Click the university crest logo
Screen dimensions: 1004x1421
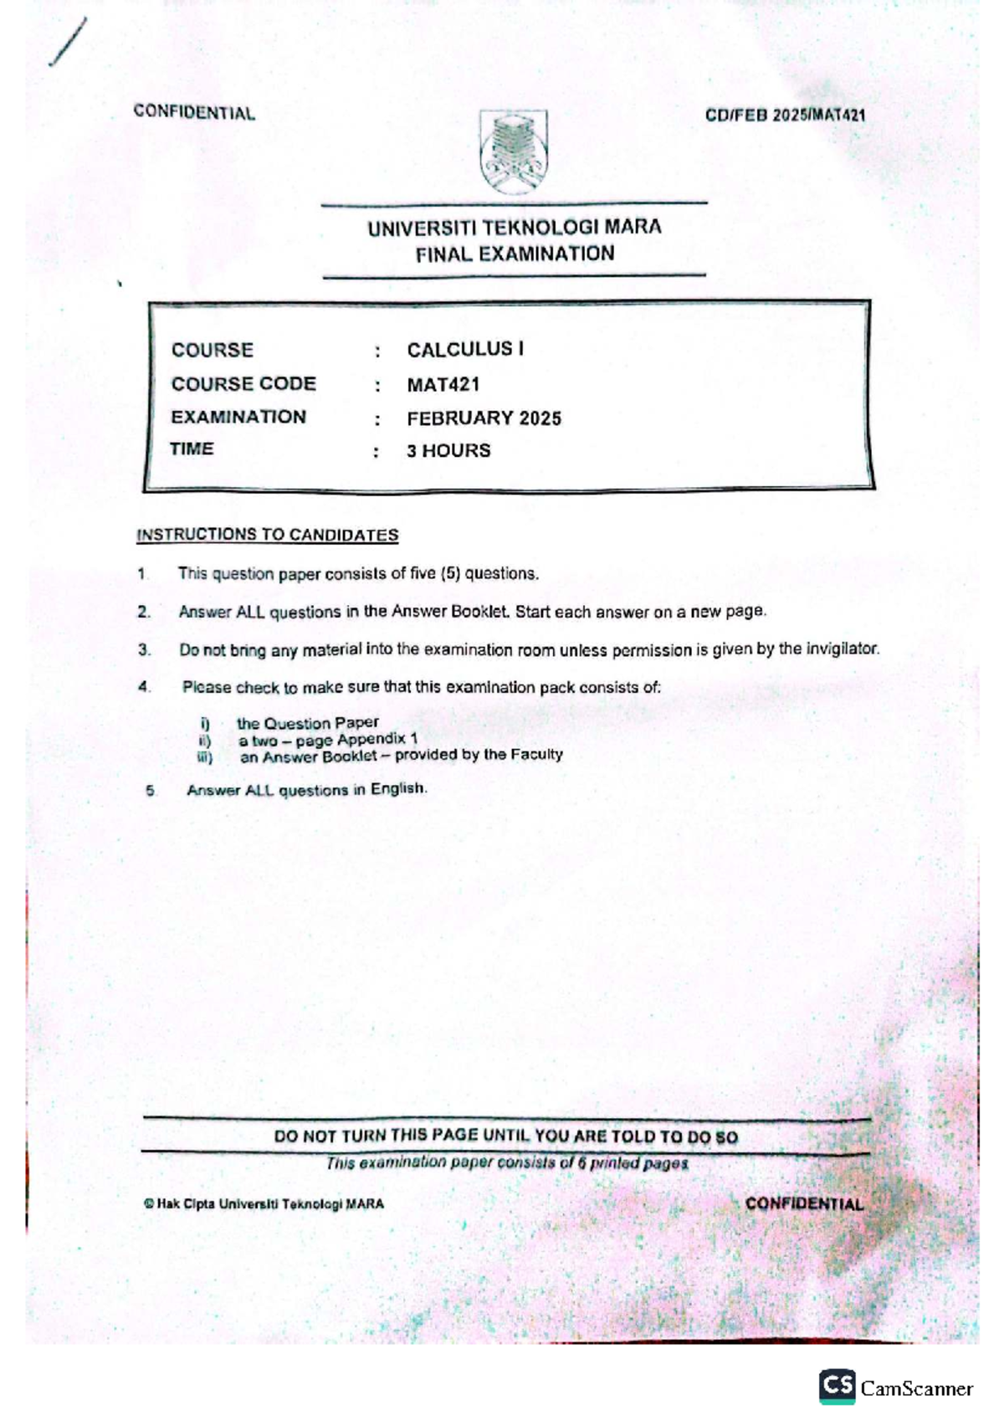[513, 152]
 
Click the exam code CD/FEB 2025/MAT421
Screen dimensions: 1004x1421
[784, 115]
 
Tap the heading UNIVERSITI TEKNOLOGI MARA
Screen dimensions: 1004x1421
[514, 227]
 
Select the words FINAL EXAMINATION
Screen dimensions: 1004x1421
[515, 254]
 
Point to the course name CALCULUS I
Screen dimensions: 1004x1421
[465, 349]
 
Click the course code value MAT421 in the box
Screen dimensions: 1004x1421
[443, 385]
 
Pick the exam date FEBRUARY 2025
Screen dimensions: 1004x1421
[484, 418]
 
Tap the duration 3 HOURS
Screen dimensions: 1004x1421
[448, 451]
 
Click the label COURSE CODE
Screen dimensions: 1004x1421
[243, 384]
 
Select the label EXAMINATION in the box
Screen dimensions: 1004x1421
[238, 417]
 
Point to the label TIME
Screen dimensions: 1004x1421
[192, 449]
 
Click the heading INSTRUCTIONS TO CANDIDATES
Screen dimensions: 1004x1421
[267, 535]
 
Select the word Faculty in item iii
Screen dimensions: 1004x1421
[535, 754]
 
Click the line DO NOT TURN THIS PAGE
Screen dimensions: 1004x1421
[505, 1136]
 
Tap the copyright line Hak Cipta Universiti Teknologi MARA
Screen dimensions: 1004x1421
[264, 1204]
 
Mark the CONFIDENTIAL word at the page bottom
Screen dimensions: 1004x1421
[803, 1204]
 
